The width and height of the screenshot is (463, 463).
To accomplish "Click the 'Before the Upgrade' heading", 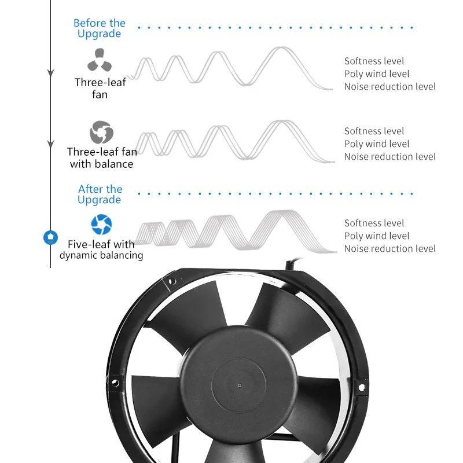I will coord(99,28).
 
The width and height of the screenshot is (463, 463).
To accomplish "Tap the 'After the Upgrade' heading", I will coord(100,194).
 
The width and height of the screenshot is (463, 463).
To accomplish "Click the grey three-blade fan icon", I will coord(99,60).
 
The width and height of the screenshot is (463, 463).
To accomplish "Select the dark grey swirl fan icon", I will coord(101,133).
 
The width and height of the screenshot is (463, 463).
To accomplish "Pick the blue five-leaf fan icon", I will coord(101,225).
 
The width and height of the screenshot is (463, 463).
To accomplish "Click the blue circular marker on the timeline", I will coord(51,237).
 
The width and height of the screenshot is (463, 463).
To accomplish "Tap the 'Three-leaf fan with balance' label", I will coord(102,158).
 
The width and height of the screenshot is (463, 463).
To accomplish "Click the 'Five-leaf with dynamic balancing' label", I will coord(101,249).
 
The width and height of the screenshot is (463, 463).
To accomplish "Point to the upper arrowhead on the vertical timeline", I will coord(50,74).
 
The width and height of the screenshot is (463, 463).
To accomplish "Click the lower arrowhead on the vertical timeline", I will coord(50,143).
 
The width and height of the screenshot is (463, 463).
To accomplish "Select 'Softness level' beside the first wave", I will coord(374,61).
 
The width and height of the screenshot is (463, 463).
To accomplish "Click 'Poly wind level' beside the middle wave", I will coord(376,144).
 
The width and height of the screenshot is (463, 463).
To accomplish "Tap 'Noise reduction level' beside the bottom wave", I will coord(389,249).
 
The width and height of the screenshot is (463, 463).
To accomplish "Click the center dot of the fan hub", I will coord(238,384).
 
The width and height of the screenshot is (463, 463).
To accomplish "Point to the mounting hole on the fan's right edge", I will coord(362,387).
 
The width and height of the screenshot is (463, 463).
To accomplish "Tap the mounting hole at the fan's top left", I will coord(171,282).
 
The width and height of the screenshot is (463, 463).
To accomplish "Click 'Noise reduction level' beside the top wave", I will coord(389,87).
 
